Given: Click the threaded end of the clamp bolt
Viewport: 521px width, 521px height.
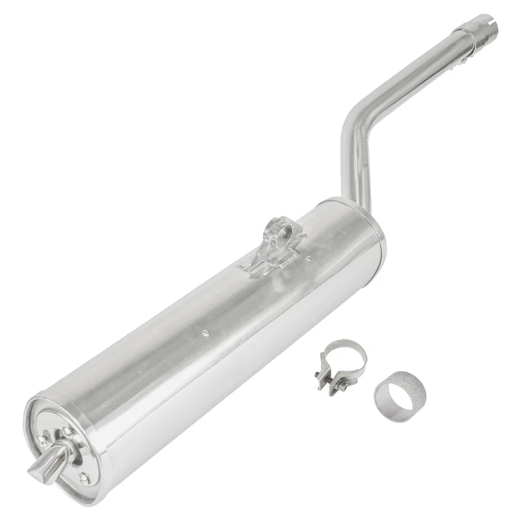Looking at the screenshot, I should [343, 387].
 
